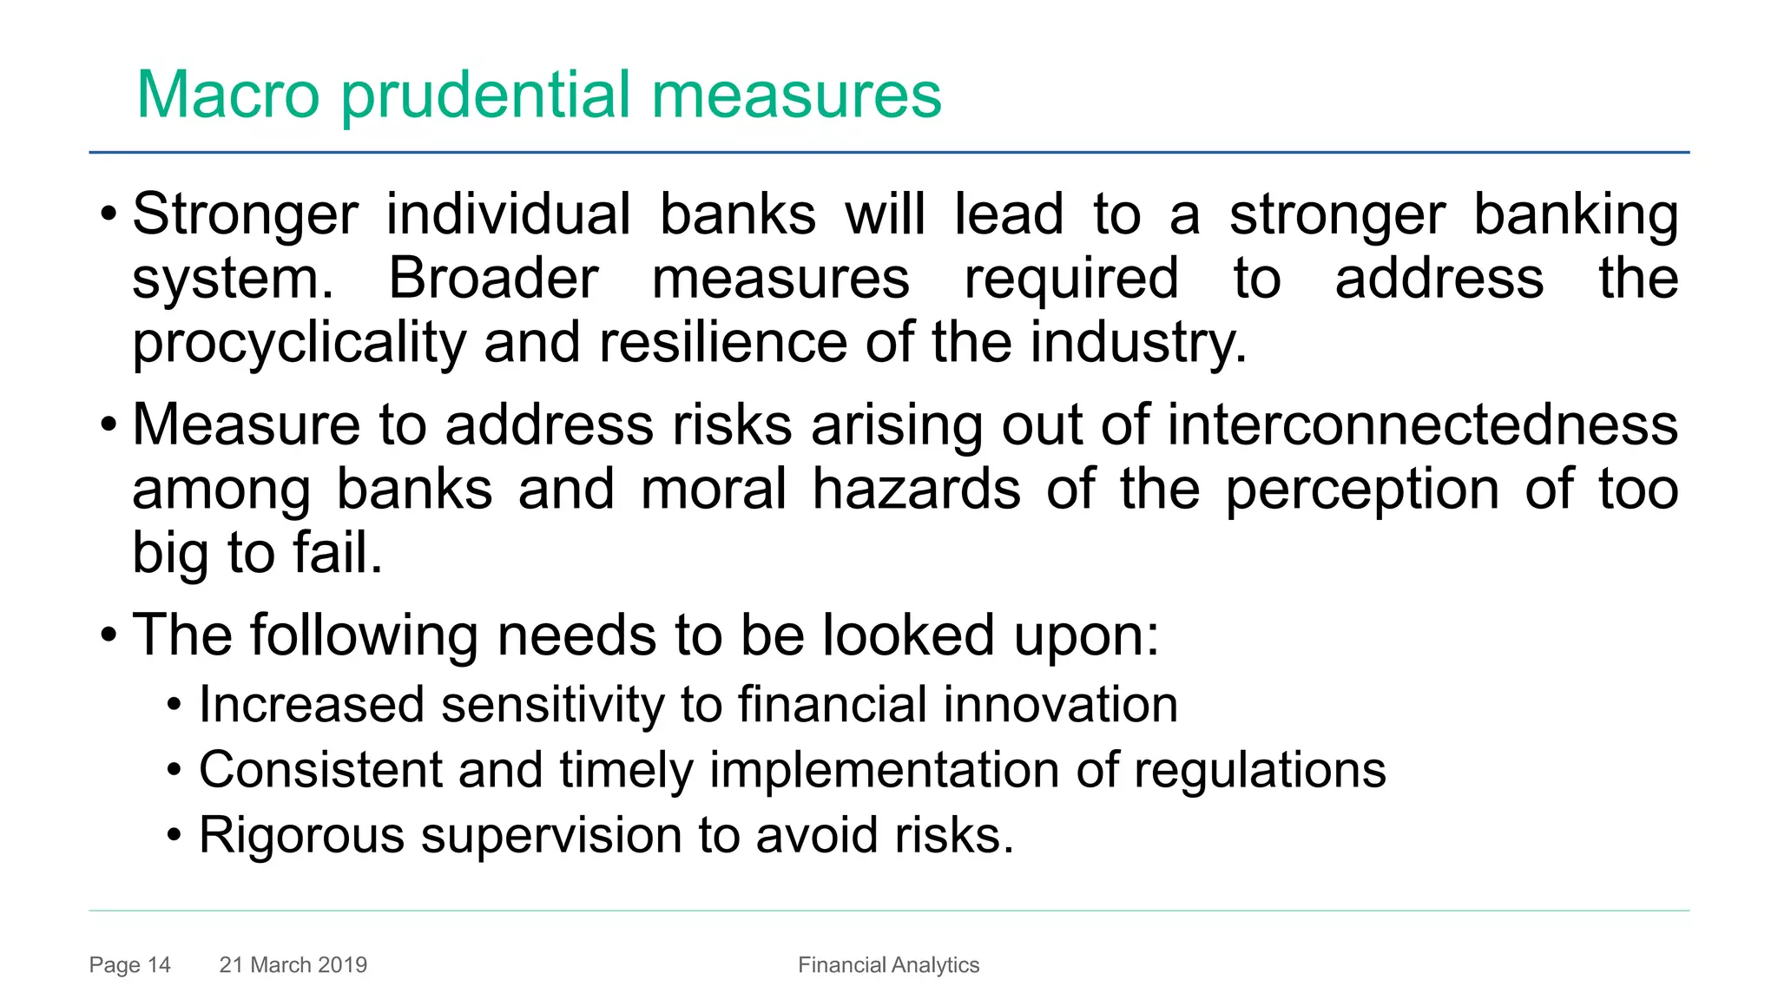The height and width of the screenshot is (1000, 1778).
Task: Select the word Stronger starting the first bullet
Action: pyautogui.click(x=245, y=215)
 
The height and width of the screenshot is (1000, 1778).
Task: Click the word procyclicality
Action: pyautogui.click(x=299, y=344)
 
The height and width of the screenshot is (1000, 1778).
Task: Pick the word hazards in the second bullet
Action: pyautogui.click(x=916, y=490)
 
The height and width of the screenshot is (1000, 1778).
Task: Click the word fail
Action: pyautogui.click(x=338, y=553)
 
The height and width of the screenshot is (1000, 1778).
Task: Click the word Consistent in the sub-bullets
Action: pyautogui.click(x=320, y=770)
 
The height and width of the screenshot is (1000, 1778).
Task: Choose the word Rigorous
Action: pyautogui.click(x=301, y=835)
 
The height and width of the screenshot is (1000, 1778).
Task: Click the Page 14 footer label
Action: pyautogui.click(x=129, y=964)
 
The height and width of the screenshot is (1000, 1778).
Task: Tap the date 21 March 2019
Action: pyautogui.click(x=293, y=964)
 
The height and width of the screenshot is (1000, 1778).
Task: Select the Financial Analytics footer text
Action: pyautogui.click(x=888, y=964)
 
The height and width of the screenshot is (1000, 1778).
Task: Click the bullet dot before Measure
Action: pyautogui.click(x=108, y=425)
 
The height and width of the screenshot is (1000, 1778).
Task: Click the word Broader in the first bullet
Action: pyautogui.click(x=493, y=280)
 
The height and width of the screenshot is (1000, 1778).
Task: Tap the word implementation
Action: pyautogui.click(x=885, y=771)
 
